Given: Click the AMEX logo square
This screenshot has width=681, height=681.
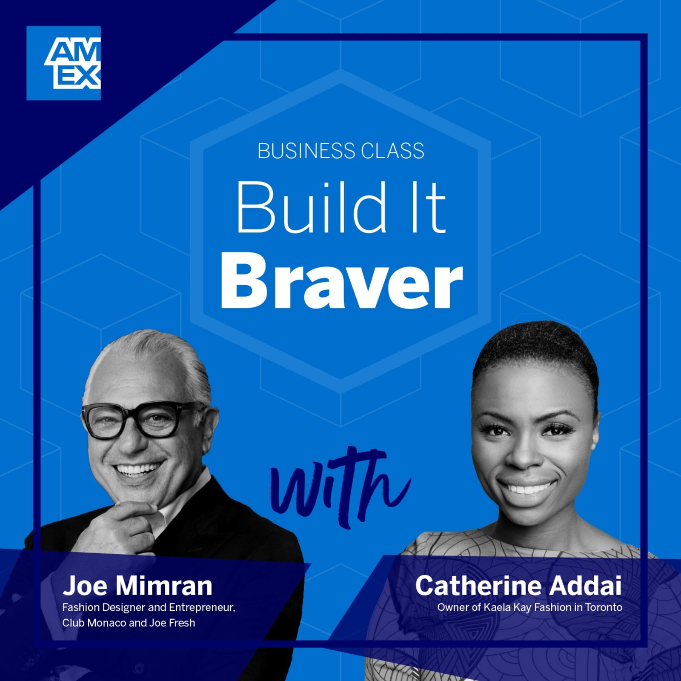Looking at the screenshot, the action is point(63,63).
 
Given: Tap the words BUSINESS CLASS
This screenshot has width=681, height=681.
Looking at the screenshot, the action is point(341,151).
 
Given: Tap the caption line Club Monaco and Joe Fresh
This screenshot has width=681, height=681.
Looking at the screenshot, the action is point(129,623).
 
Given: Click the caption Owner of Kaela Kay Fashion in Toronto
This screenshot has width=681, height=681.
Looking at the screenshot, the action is point(530,607).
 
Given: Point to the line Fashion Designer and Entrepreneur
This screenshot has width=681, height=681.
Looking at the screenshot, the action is point(149,607).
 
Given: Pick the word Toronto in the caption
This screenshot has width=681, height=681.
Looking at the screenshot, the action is point(604,607).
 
